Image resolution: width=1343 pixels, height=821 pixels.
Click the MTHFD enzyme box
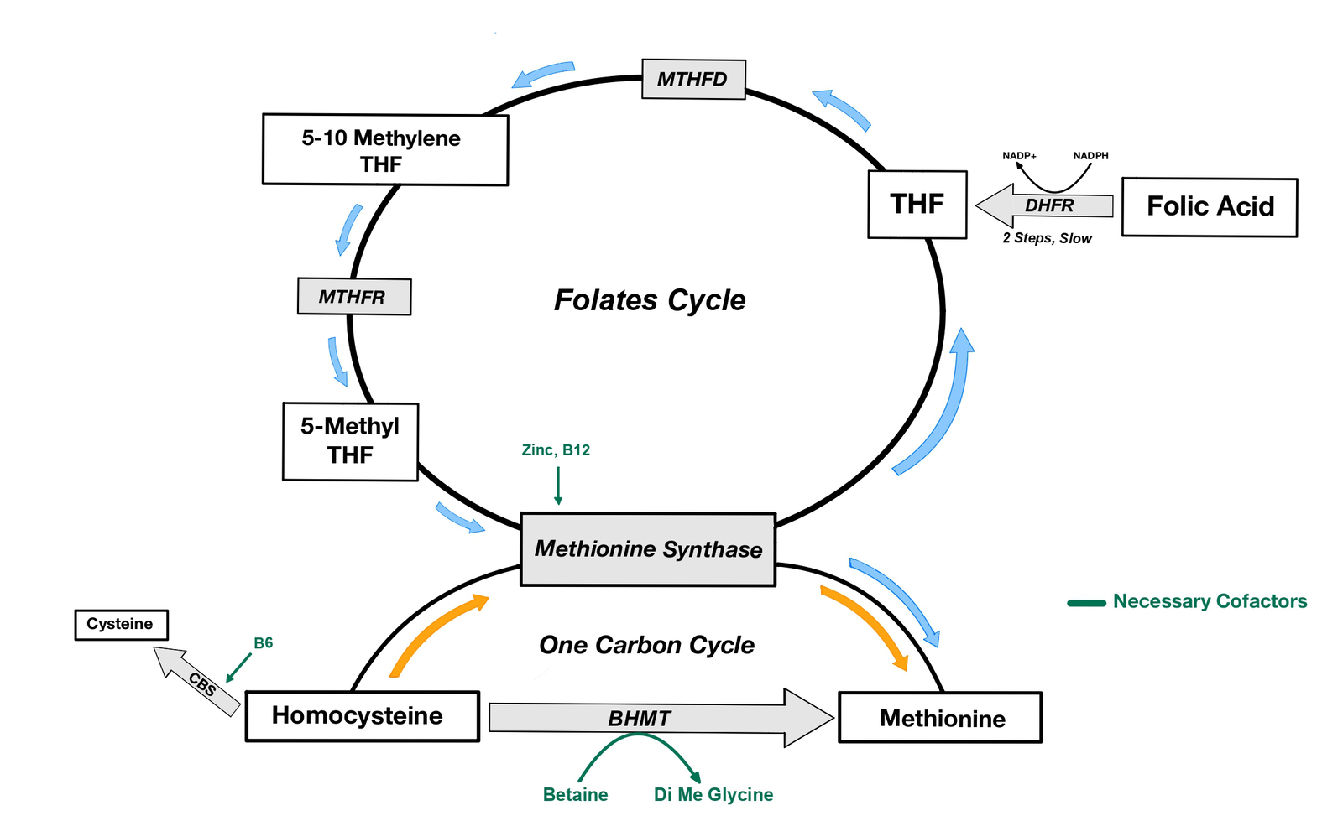coord(693,80)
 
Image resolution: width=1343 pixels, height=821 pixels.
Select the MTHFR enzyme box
coord(354,297)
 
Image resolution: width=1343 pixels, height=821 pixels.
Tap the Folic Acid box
coord(1210,206)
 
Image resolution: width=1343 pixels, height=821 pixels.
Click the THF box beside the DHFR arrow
coord(917,205)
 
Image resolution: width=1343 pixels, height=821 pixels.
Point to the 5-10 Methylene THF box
coord(384,150)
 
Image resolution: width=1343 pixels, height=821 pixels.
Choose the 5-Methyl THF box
coord(350,441)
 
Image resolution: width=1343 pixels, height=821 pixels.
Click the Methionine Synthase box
coord(648,549)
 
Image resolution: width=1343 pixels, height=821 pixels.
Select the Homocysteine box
coord(362,716)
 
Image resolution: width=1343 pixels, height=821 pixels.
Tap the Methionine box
coord(940,718)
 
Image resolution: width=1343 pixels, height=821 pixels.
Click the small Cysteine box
coord(121,624)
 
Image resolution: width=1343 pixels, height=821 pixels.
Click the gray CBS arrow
coord(198,681)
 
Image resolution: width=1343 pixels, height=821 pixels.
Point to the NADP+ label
coord(1019,156)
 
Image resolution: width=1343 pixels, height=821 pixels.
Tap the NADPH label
coord(1090,156)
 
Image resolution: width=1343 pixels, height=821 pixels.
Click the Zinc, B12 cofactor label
coord(556,450)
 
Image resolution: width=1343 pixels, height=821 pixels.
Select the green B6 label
coord(263,643)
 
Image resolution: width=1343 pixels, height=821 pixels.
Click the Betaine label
coord(575,794)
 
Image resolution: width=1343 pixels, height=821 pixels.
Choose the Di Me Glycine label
coord(713,794)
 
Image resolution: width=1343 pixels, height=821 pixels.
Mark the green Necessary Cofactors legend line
coord(1086,602)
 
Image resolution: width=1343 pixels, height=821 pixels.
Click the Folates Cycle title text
coord(650,300)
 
